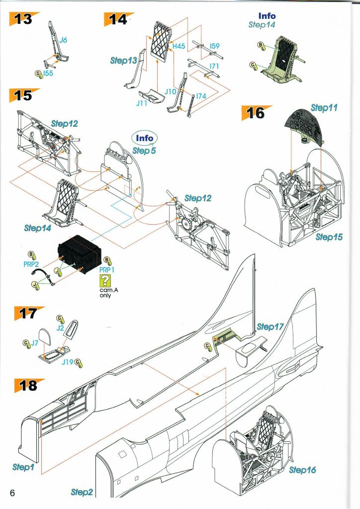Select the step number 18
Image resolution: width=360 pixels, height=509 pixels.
[27, 385]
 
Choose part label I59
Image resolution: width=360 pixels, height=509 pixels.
[214, 46]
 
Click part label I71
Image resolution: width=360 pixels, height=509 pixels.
[214, 66]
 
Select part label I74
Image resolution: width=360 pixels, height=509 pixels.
[200, 95]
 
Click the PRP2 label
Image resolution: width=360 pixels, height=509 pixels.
[31, 264]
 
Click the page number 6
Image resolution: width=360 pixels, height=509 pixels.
[12, 493]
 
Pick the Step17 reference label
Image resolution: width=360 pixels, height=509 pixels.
[270, 327]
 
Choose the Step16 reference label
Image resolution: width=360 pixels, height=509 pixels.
[302, 470]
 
